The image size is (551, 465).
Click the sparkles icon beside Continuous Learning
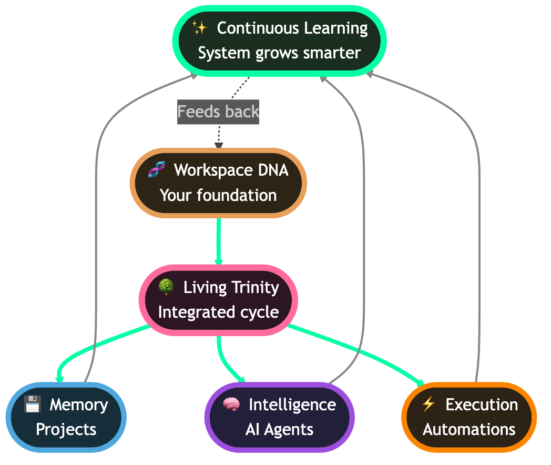point(199,27)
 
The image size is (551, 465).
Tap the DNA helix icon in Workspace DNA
point(156,170)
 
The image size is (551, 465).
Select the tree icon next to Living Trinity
point(166,287)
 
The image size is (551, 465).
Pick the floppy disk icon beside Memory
point(33,405)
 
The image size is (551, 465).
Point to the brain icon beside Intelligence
point(231,405)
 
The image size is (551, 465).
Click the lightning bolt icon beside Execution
point(428,404)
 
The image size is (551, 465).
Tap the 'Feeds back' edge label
point(218,112)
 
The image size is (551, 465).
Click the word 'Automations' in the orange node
point(469,429)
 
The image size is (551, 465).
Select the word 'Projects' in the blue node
point(66,429)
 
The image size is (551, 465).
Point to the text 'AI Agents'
point(279,429)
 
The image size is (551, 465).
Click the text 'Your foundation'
point(218,195)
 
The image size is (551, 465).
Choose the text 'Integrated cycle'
point(218,312)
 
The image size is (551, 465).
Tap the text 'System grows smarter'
point(279,53)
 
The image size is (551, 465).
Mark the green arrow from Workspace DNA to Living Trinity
point(218,242)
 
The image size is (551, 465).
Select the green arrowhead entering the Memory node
point(59,378)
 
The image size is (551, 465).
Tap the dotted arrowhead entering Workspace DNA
point(219,145)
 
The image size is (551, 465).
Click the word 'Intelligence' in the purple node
point(292,405)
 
